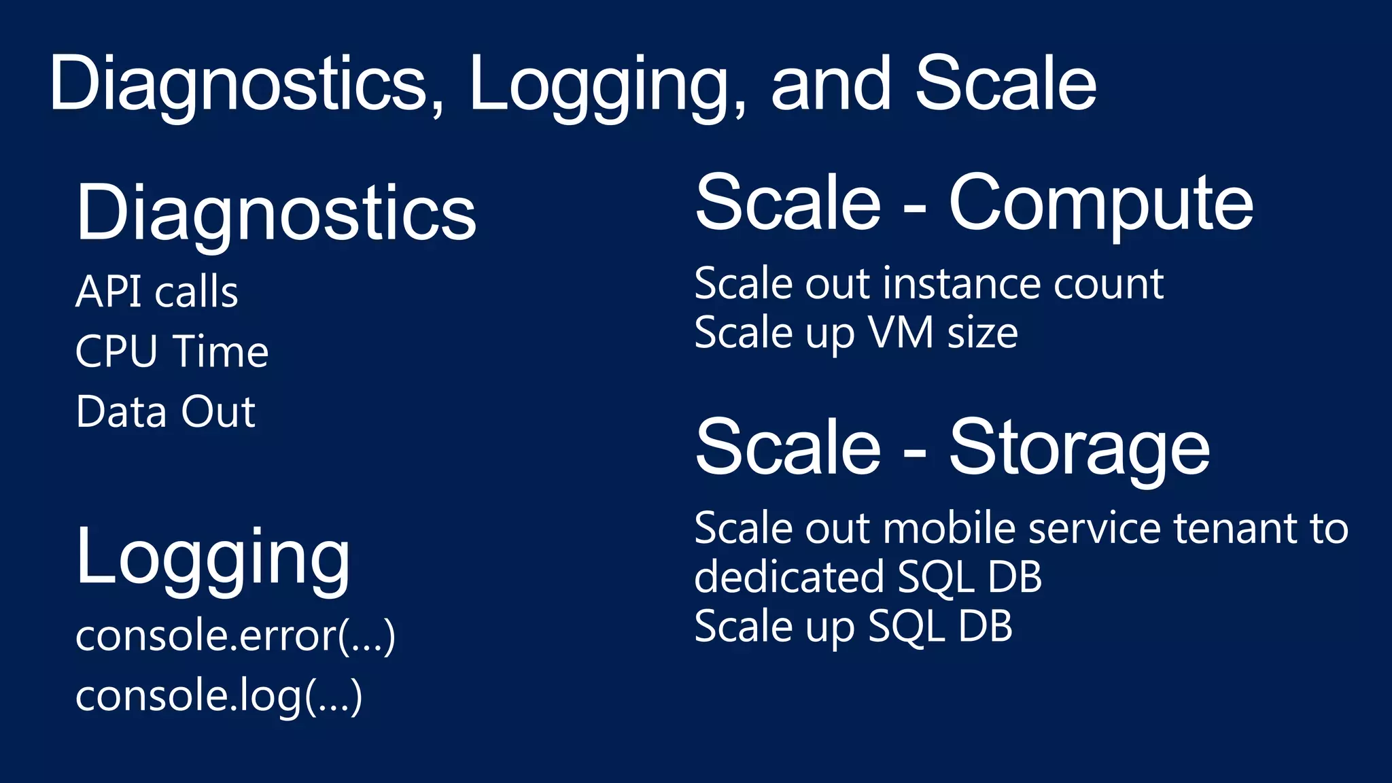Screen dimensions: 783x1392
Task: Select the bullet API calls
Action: tap(157, 292)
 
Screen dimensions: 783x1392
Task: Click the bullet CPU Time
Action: tap(172, 351)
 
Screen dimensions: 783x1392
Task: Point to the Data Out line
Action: tap(166, 412)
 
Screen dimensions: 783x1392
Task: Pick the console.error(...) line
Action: tap(235, 636)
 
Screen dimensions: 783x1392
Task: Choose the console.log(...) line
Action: tap(219, 696)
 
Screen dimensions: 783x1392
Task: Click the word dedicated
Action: tap(788, 577)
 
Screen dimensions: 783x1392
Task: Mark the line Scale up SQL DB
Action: tap(853, 626)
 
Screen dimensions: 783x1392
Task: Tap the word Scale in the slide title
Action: tap(1005, 84)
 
